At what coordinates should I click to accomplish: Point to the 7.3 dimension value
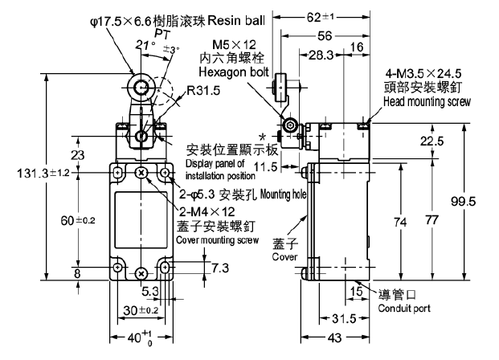click(x=197, y=264)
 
